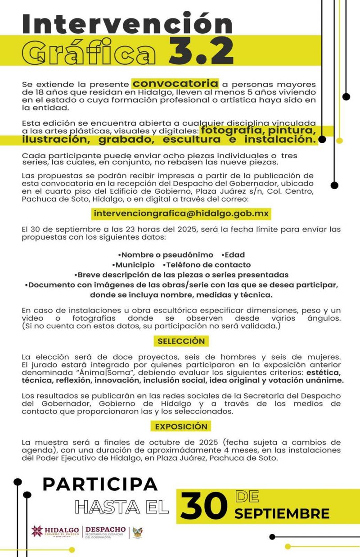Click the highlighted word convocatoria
175,84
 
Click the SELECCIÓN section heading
181,341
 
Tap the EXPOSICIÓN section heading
181,426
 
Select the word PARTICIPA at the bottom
100,484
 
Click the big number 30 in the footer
204,506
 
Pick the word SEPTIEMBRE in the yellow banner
282,513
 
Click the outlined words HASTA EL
122,507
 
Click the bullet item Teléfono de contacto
207,265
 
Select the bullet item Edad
234,255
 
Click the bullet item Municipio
133,265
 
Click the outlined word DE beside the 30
247,496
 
